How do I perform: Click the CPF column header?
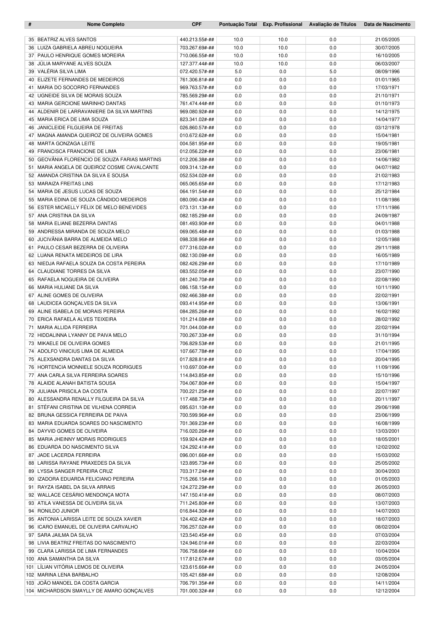197,24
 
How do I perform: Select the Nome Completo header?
106,24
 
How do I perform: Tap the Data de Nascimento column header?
387,24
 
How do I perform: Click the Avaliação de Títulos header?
332,24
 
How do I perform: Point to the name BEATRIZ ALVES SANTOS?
67,40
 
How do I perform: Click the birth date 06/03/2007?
387,64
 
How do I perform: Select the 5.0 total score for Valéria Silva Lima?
238,72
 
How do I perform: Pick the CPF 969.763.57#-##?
197,88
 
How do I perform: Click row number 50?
31,160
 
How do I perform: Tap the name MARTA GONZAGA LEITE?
66,144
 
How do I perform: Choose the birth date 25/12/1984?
387,192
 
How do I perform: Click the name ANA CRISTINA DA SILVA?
66,216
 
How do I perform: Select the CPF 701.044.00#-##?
197,328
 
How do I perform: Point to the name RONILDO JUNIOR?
58,511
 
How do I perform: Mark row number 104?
30,591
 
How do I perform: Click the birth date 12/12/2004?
387,591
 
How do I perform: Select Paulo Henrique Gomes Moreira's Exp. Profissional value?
282,56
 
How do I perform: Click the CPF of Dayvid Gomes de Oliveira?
197,431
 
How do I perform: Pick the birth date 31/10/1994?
387,335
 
